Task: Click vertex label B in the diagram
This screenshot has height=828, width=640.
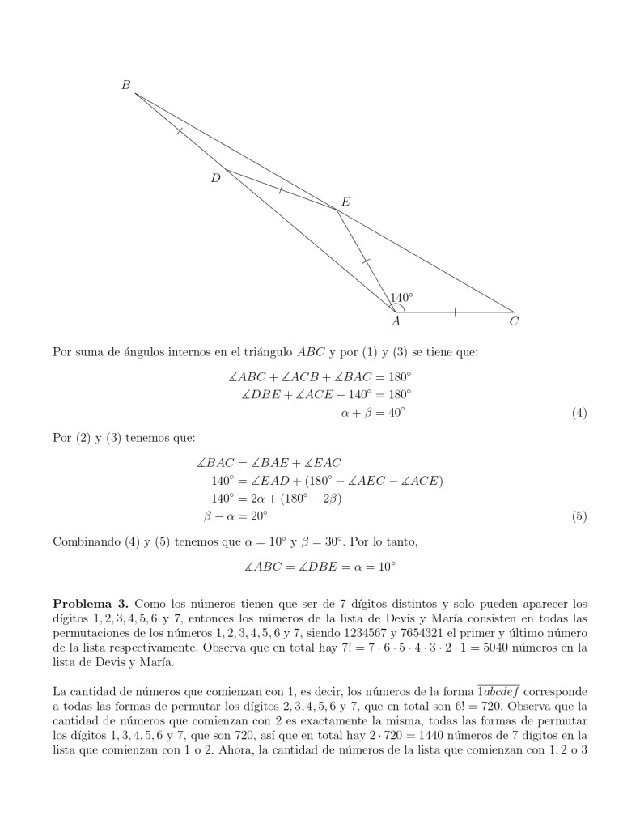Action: [x=125, y=84]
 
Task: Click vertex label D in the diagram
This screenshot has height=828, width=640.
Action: [x=215, y=178]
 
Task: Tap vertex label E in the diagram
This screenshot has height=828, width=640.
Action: [x=345, y=202]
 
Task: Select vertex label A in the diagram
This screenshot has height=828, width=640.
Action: [x=396, y=322]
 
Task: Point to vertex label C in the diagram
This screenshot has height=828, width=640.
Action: [x=514, y=322]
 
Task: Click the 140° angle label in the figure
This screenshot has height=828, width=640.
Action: [x=401, y=298]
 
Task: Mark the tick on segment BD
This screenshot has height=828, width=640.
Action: [x=179, y=130]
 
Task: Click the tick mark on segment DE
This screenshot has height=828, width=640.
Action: [x=280, y=189]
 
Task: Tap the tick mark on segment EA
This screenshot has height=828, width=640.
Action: [x=366, y=261]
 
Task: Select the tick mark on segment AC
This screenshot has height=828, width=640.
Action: [x=455, y=312]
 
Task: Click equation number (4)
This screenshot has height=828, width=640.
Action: [x=579, y=414]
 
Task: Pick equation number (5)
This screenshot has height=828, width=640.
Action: [x=579, y=516]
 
